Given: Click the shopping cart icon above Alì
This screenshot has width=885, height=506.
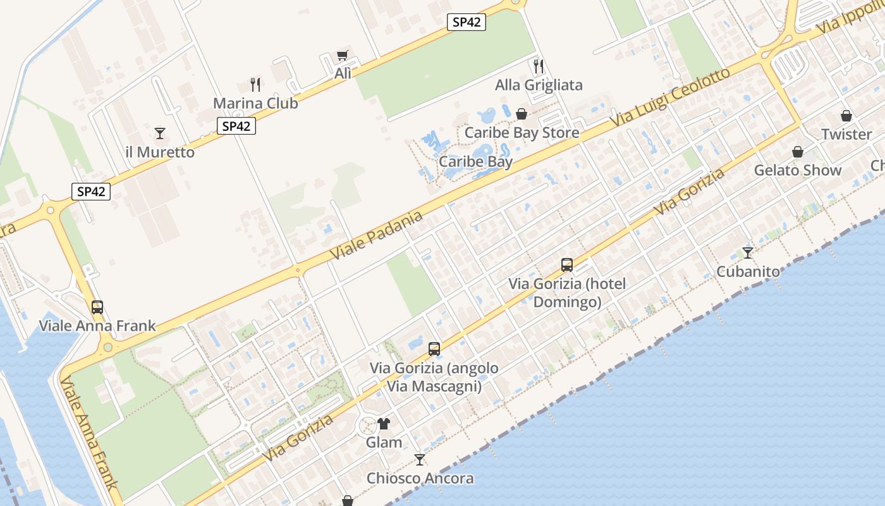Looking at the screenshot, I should (x=342, y=56).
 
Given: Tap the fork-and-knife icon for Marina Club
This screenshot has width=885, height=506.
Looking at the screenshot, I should (x=255, y=85).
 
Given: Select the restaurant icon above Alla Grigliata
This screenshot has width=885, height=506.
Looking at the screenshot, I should (x=539, y=66).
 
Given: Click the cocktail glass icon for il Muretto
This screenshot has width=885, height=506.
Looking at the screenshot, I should (x=160, y=133).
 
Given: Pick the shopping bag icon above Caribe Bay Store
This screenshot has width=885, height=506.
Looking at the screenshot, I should (x=522, y=114).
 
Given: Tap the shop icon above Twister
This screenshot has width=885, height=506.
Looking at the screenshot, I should (x=846, y=116).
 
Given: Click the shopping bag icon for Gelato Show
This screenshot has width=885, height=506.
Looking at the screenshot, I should (x=798, y=152).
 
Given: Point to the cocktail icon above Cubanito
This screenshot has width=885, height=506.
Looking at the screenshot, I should (x=748, y=252).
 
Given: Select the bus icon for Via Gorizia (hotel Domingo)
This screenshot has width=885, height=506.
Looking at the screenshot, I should (x=567, y=265).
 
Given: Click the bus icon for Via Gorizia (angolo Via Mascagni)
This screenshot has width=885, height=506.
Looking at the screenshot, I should (x=434, y=349).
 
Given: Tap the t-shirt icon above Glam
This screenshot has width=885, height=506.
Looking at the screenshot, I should (x=384, y=423).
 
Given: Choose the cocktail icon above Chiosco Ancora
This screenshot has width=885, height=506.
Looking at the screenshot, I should (x=420, y=459).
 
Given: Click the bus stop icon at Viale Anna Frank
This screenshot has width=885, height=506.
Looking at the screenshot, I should (x=97, y=307).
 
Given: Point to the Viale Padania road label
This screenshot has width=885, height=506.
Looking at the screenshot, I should (x=376, y=235).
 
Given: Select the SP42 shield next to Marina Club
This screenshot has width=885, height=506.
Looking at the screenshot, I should (x=236, y=126).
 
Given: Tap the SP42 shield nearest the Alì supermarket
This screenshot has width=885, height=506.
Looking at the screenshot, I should (x=467, y=22).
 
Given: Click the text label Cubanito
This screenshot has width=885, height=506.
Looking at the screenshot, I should (x=748, y=271).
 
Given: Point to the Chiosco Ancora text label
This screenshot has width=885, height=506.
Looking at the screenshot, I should (x=420, y=478).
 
